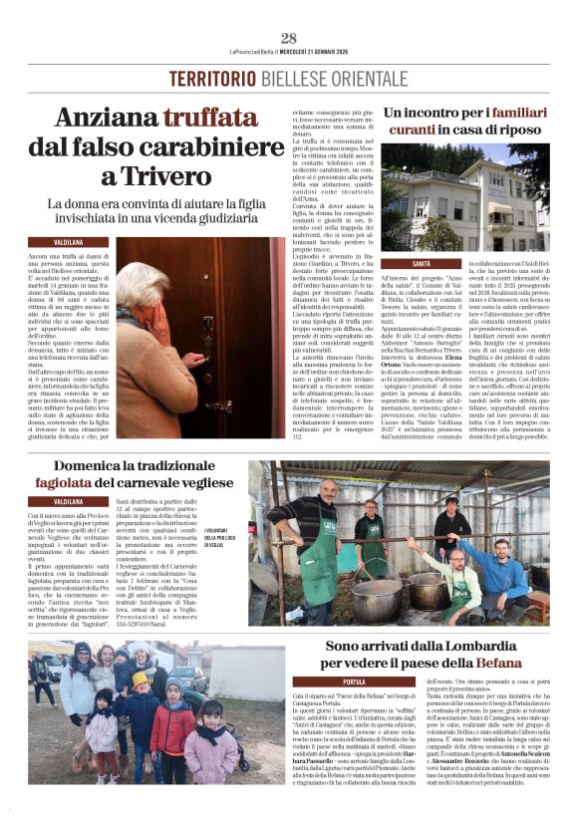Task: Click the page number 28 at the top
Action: (289, 38)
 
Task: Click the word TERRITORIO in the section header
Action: (206, 79)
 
